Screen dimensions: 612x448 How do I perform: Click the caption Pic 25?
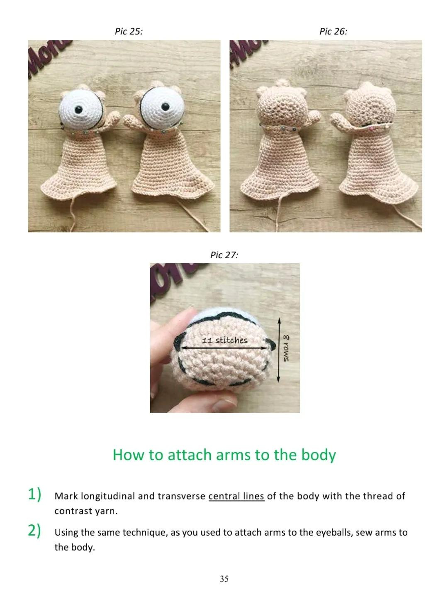(129, 32)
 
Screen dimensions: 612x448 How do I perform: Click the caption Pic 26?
(333, 32)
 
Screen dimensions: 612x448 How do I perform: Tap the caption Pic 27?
(224, 255)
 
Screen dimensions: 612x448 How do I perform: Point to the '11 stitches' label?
(224, 340)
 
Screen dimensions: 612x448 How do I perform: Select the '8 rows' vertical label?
(287, 349)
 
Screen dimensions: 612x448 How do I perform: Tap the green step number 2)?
(35, 531)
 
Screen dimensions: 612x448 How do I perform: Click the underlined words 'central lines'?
(236, 496)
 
